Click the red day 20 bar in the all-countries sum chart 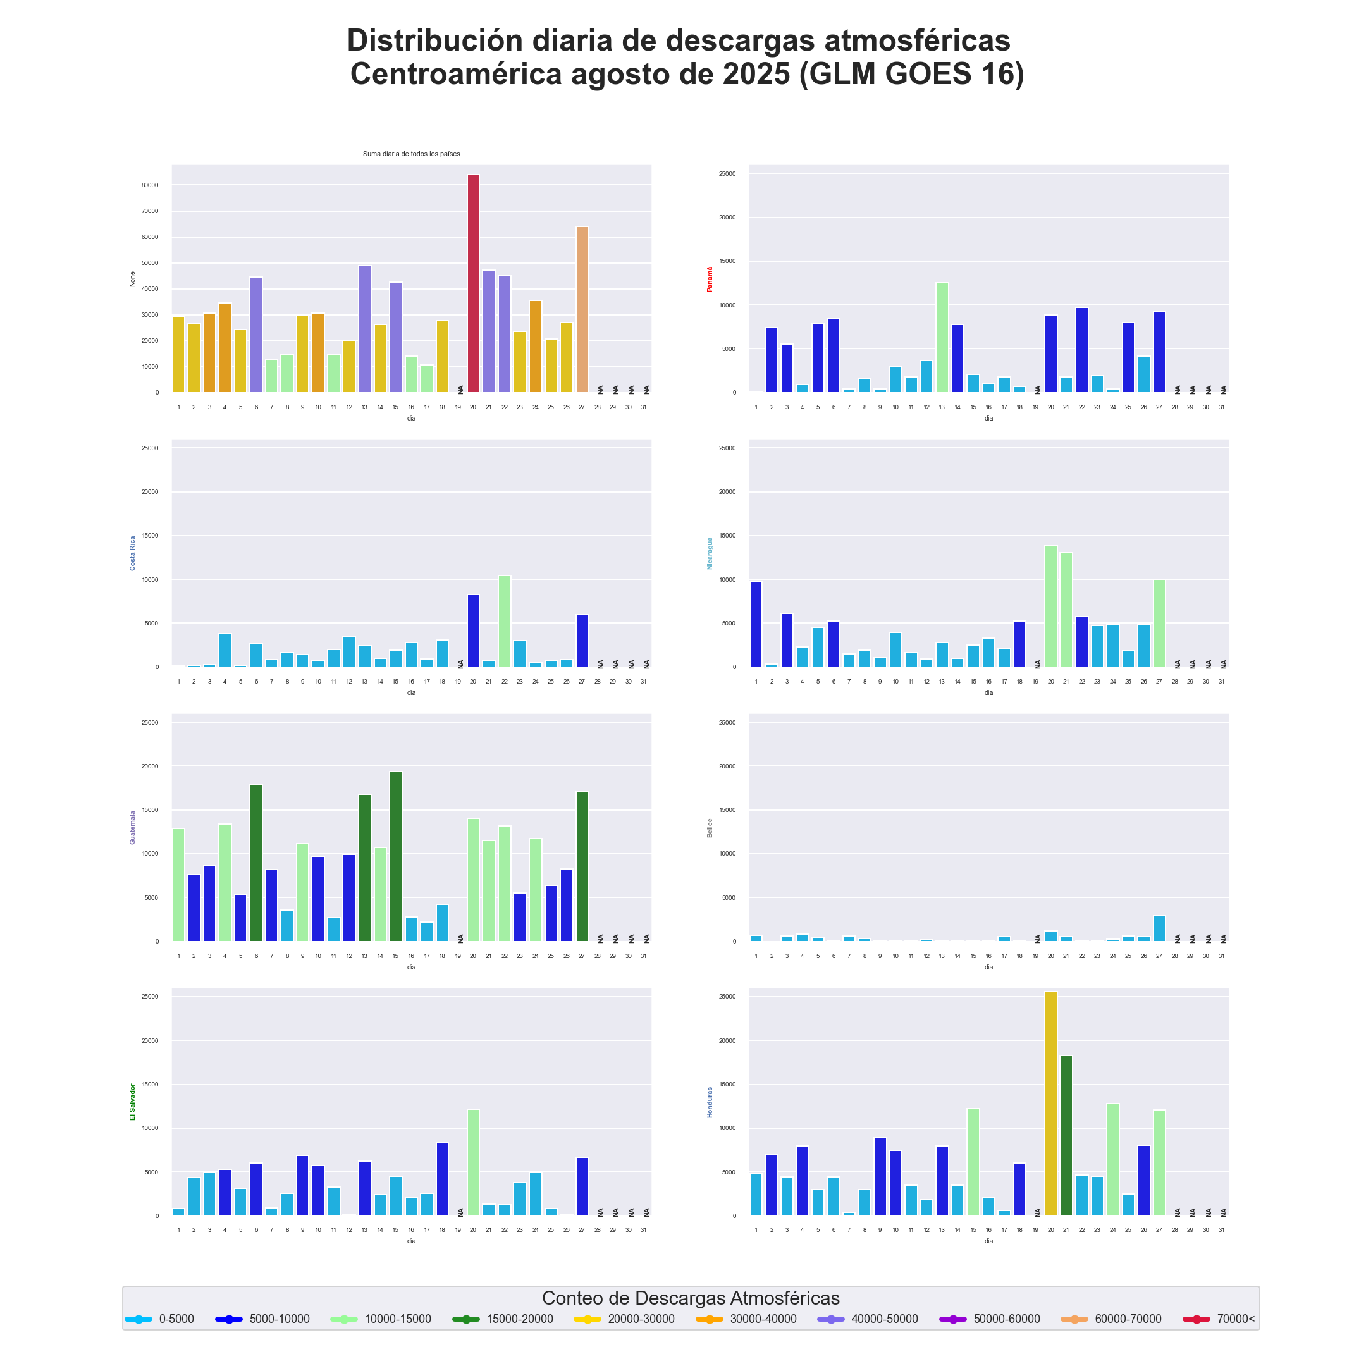(473, 283)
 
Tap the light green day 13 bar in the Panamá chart (942, 337)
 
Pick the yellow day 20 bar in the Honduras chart (1050, 1103)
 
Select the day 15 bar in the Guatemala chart (396, 856)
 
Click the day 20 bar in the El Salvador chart (473, 1162)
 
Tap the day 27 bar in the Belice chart (1160, 928)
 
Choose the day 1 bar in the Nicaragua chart (756, 624)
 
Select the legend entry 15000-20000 (520, 1319)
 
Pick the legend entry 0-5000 (176, 1319)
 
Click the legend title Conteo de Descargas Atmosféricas (690, 1298)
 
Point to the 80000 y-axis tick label (150, 185)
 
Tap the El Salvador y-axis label (132, 1102)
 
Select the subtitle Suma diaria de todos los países (412, 154)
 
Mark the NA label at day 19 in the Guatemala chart (460, 938)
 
